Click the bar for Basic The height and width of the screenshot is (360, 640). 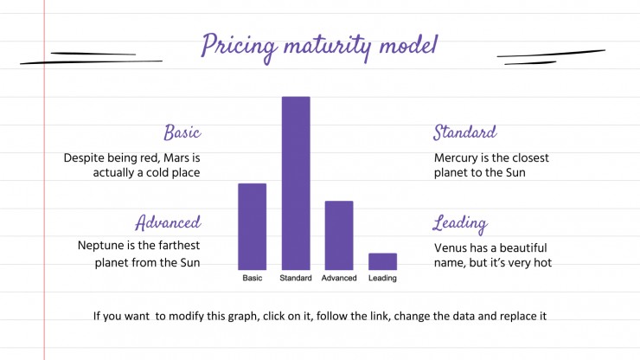coord(253,227)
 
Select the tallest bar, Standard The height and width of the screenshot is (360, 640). coord(296,183)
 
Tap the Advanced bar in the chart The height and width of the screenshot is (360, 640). coord(339,235)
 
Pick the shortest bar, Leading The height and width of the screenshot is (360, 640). coord(382,261)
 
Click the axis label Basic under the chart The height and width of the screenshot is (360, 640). coord(253,278)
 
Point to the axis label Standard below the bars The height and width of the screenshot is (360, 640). coord(296,278)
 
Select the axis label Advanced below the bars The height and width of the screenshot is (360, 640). coord(339,278)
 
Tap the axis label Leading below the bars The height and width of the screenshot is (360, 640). coord(382,279)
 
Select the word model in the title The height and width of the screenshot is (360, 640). coord(408,44)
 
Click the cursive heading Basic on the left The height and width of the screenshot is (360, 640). coord(182,132)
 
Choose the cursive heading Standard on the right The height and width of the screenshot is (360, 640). coord(465,132)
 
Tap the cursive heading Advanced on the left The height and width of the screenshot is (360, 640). coord(168,222)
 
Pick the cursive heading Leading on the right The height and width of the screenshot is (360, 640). coord(460,224)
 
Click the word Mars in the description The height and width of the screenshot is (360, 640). coord(176,157)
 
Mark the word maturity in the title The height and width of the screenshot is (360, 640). coord(328,46)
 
